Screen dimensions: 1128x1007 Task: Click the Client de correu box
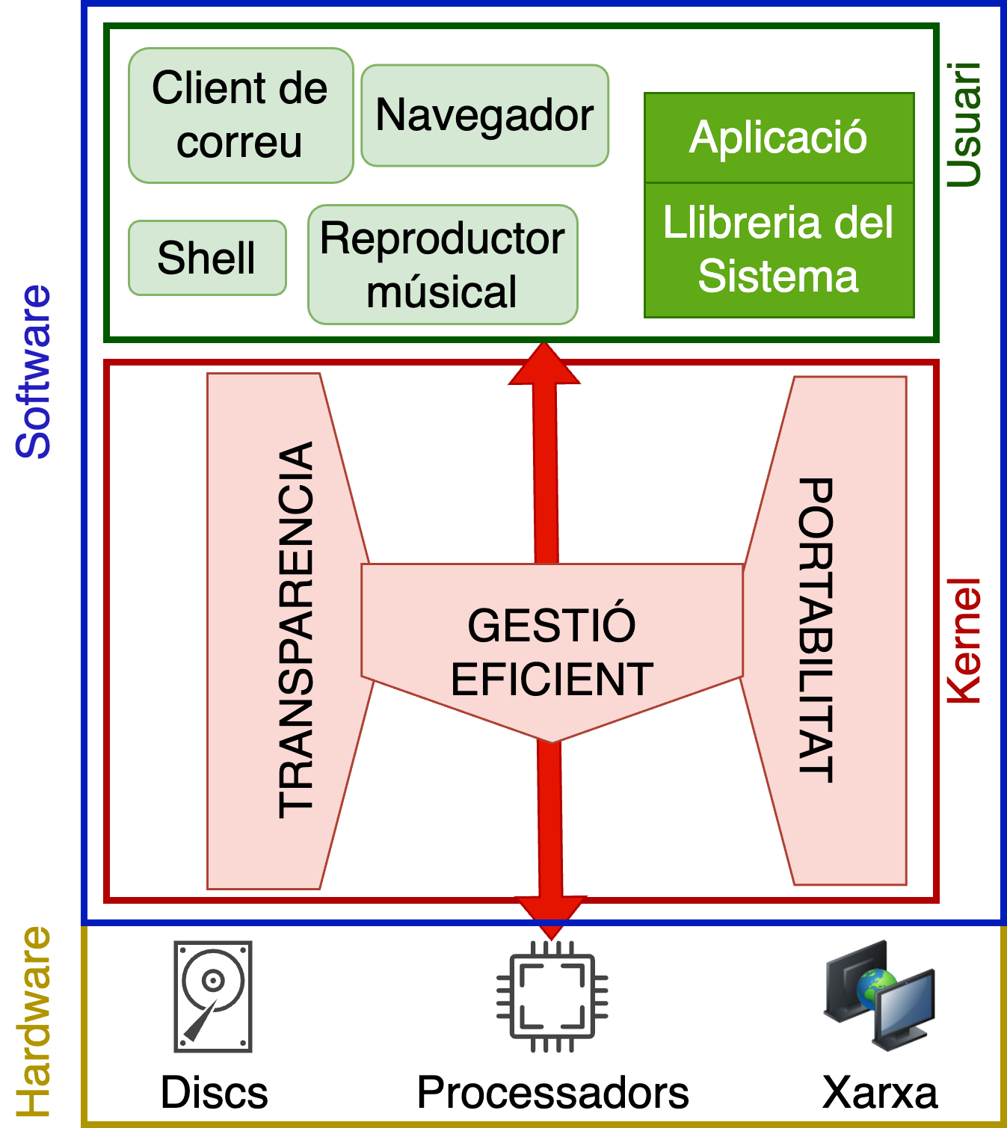click(240, 115)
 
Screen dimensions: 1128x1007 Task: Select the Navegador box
click(484, 115)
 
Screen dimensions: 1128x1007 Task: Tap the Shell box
click(207, 258)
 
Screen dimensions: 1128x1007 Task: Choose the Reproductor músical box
click(443, 265)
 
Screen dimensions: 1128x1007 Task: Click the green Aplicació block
click(779, 138)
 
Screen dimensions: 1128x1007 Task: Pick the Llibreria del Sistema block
click(779, 250)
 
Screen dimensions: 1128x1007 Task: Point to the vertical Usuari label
click(964, 124)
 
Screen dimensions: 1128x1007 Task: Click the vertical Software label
click(34, 372)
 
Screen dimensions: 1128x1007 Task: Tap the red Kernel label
click(964, 641)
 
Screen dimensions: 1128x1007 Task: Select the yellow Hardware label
click(34, 1021)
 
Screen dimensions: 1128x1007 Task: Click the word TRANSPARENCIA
click(296, 629)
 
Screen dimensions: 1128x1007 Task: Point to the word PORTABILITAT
click(816, 629)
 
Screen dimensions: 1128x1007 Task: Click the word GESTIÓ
click(552, 625)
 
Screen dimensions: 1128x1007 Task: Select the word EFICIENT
click(552, 679)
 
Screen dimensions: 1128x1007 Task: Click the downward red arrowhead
click(552, 916)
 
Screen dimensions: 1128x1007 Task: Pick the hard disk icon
click(213, 996)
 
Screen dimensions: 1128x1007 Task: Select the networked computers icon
click(880, 995)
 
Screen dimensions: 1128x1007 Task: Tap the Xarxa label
click(880, 1094)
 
